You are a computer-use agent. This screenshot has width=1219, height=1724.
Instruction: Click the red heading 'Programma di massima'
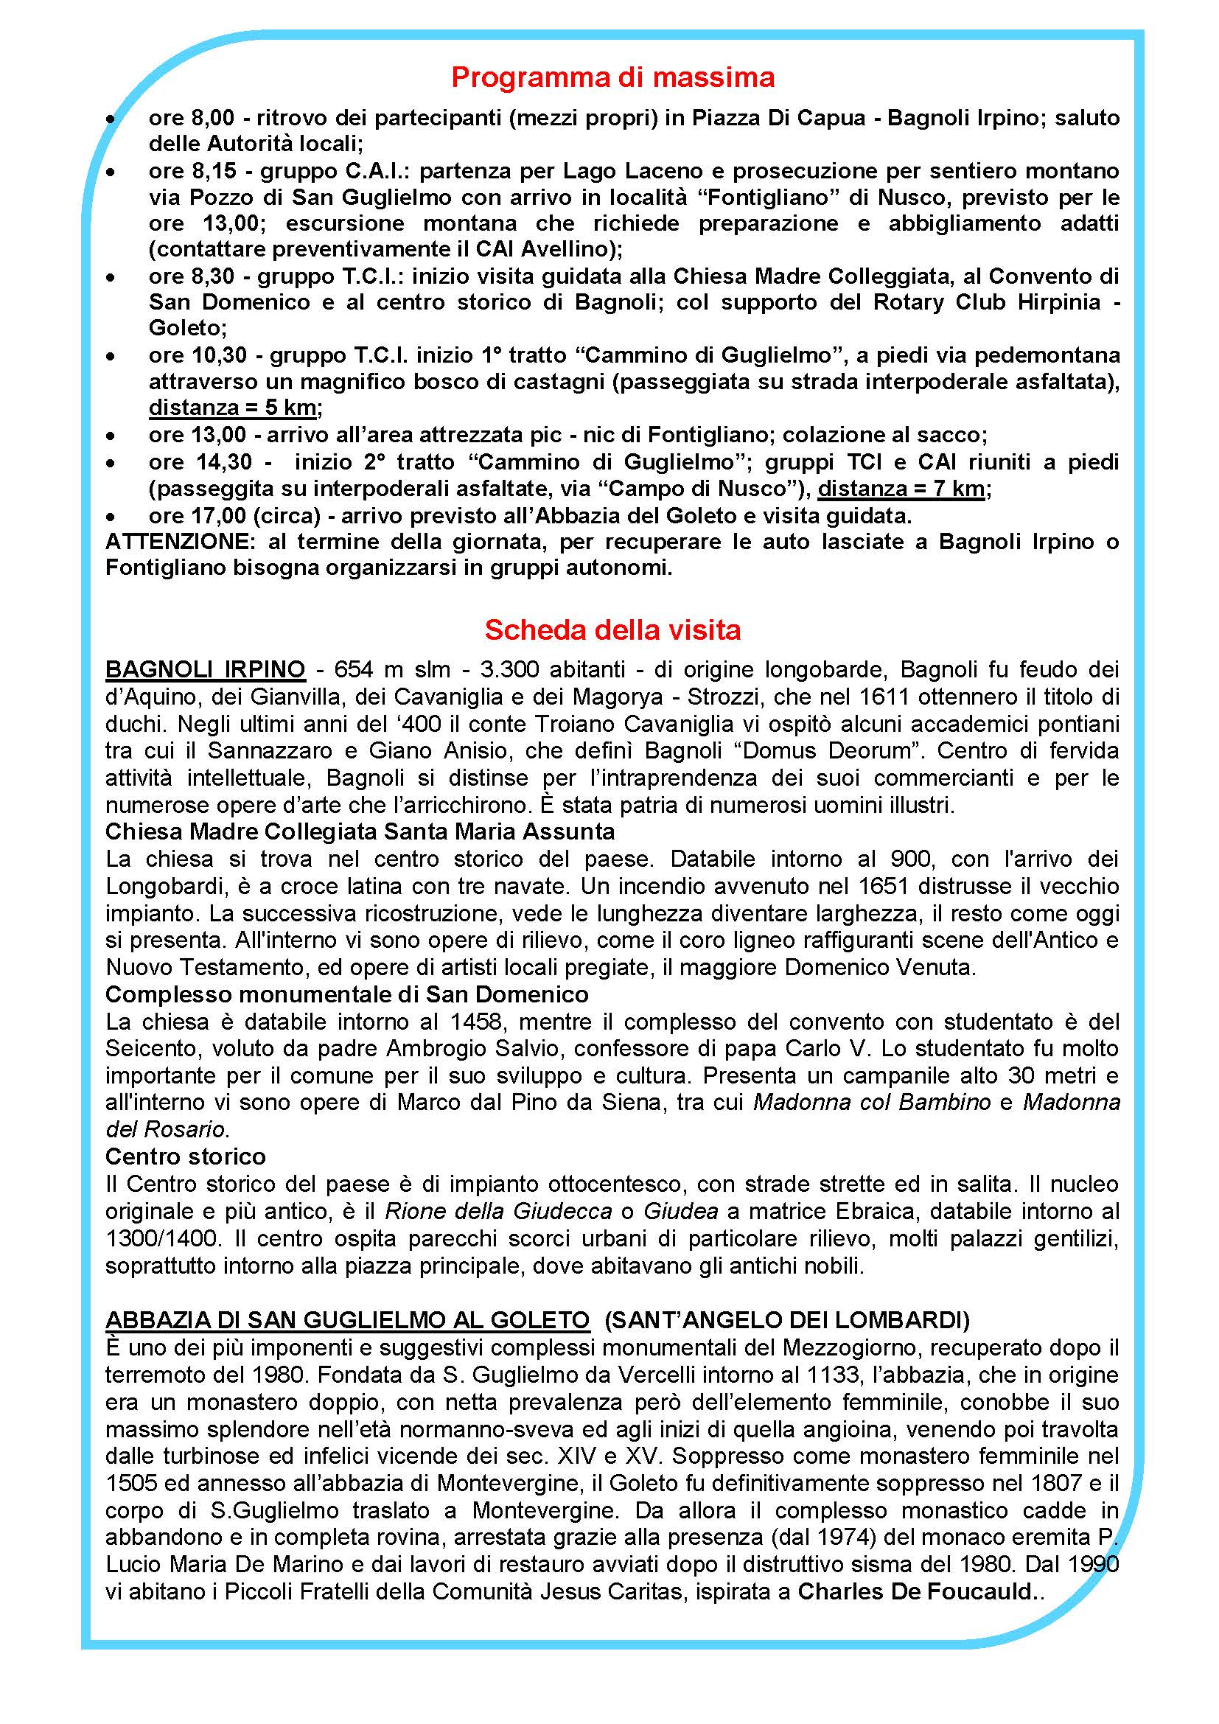point(612,77)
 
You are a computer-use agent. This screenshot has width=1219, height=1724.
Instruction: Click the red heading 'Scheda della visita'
point(612,629)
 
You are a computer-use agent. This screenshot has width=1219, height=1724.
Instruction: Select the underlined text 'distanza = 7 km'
point(901,489)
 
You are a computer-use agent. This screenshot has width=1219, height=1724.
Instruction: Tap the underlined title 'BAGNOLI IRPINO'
point(205,669)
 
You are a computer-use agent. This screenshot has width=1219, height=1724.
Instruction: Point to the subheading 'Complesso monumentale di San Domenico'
point(347,994)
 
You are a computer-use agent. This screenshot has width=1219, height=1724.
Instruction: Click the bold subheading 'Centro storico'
point(186,1156)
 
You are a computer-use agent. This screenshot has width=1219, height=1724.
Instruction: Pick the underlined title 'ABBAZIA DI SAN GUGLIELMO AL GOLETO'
point(348,1319)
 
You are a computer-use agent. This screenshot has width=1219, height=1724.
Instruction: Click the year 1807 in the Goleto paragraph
point(1053,1482)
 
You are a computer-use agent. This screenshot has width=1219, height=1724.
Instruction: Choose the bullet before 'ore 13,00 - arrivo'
point(111,436)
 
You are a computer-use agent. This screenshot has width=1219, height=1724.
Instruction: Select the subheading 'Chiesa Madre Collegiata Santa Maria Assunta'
point(360,832)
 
